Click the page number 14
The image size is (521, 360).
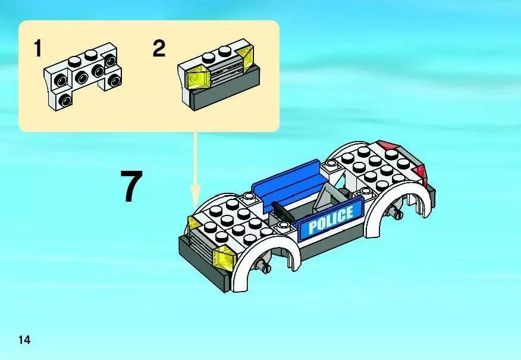point(24,340)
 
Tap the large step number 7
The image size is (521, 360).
point(131,186)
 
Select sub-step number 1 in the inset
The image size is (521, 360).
point(38,49)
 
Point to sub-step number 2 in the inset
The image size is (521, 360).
point(159,49)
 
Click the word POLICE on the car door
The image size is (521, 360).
point(331,219)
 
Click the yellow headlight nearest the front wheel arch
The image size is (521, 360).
point(224,256)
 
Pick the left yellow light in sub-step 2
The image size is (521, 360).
point(197,79)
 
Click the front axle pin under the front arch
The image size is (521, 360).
point(265,265)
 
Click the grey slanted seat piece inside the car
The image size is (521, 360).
point(326,198)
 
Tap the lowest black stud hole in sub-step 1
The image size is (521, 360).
point(65,100)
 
